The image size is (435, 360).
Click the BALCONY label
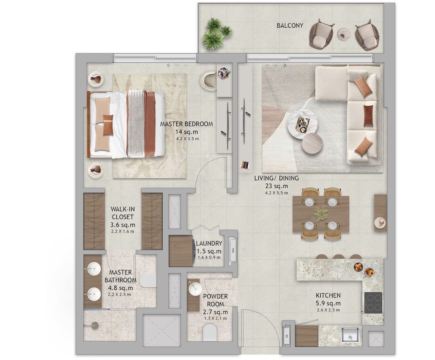pos(290,26)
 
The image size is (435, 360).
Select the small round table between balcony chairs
pos(343,34)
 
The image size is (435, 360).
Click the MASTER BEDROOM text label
pos(186,124)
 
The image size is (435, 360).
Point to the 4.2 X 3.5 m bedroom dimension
pos(186,139)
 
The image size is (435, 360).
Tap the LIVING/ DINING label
pos(277,178)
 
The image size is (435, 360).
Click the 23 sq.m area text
pos(277,186)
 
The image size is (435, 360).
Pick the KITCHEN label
pos(328,295)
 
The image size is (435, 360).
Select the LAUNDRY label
pos(209,244)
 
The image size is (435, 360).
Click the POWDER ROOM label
pos(215,300)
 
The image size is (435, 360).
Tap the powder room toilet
pos(210,332)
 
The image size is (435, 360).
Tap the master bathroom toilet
pos(148,281)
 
